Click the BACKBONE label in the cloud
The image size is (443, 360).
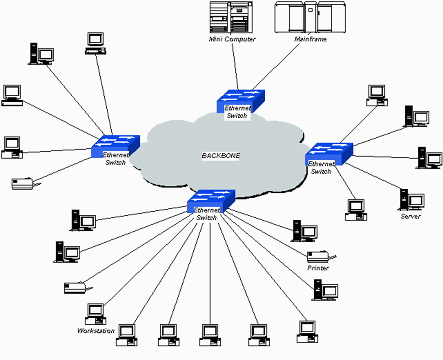coord(221,155)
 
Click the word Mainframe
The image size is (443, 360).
coord(311,39)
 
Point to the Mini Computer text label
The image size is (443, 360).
coord(232,39)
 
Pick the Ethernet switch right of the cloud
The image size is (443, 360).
coord(329,154)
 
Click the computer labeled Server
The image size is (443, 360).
coord(411,199)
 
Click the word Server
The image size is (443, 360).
coord(410,217)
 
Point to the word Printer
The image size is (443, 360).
coord(318,268)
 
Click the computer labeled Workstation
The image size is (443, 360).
coord(95,314)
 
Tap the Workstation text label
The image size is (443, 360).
coord(96,331)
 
